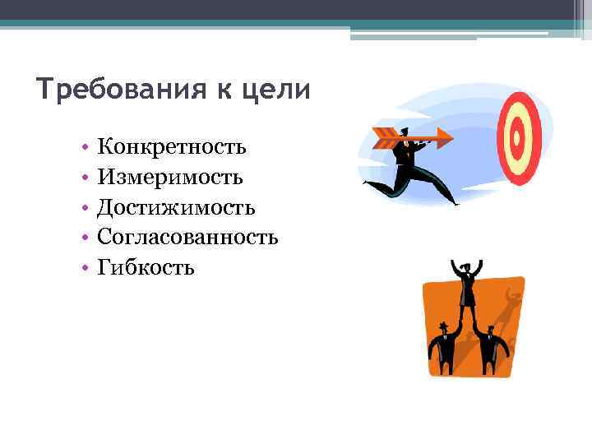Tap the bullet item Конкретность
click(x=171, y=147)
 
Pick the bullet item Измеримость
click(x=169, y=178)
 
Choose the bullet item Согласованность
click(x=187, y=237)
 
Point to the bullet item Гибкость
click(x=146, y=267)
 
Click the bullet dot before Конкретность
click(x=85, y=149)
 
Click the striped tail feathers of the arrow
click(x=384, y=137)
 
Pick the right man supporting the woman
click(x=490, y=347)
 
